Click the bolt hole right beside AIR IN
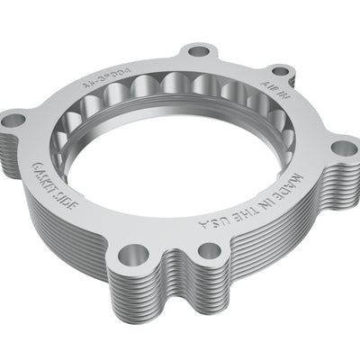281,71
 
